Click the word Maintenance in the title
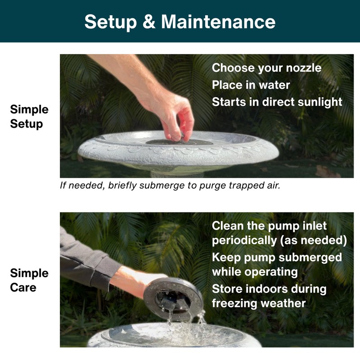pos(218,22)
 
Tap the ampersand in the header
pos(149,22)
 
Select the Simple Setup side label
pos(29,116)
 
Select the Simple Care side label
pos(29,280)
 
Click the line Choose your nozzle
pos(266,68)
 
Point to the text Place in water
pos(251,85)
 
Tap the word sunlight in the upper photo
pos(320,102)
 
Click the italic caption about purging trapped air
pos(170,185)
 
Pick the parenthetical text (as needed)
pos(313,241)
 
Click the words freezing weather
pos(258,303)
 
